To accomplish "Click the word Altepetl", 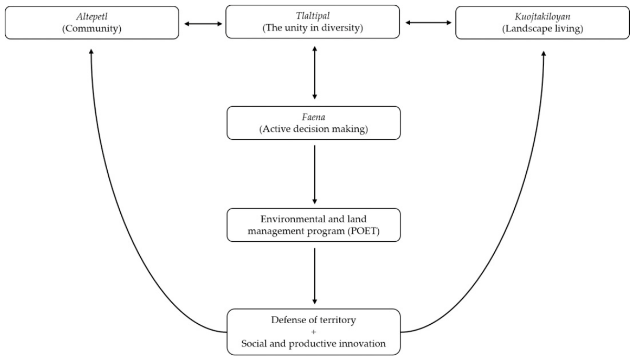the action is click(92, 16).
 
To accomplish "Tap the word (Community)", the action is click(92, 28).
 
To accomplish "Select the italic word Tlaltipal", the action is click(313, 16).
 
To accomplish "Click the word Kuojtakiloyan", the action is click(542, 17).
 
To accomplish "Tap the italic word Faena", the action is click(313, 117).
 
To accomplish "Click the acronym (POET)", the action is click(363, 231).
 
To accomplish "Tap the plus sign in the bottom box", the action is click(314, 332).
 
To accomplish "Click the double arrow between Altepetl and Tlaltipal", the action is click(203, 24).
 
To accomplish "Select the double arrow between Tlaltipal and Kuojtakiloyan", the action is click(428, 23).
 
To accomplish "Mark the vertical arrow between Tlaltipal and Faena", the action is click(315, 73).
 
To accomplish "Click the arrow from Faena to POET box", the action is click(315, 174).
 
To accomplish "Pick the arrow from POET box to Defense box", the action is click(315, 276).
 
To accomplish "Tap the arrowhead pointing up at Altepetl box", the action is click(91, 52).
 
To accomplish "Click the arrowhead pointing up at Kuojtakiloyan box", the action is click(544, 53).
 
